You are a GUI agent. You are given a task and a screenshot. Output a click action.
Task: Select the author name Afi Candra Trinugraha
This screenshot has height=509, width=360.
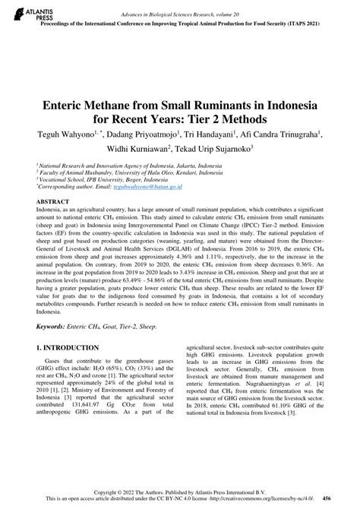(282, 134)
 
